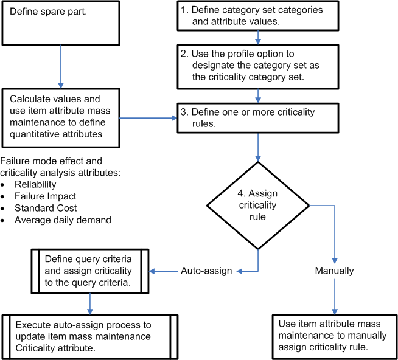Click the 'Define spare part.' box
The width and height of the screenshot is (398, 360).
pos(60,22)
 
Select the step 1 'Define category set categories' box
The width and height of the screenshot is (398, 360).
pos(259,16)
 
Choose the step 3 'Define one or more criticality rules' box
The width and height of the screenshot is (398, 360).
pos(259,117)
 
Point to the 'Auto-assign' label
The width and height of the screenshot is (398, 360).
pos(206,271)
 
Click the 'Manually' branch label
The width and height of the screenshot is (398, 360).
pos(334,271)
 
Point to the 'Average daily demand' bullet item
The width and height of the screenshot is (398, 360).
pos(63,220)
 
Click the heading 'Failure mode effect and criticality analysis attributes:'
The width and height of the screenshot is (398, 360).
pos(61,167)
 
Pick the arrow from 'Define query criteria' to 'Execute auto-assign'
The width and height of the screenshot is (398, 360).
pos(90,303)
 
